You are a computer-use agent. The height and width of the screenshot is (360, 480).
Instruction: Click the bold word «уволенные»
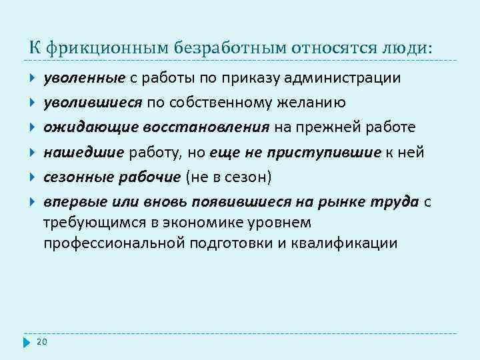point(85,78)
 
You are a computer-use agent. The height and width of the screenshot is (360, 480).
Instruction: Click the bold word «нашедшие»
point(84,153)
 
